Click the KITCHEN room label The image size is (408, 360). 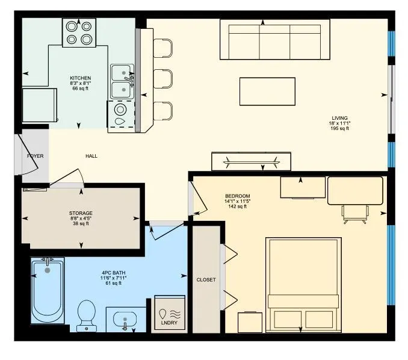click(x=80, y=78)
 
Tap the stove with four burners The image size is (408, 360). click(x=79, y=33)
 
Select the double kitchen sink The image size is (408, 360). click(x=122, y=81)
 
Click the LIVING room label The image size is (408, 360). click(x=339, y=118)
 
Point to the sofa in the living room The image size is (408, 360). click(x=274, y=40)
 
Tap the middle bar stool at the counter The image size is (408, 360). click(x=163, y=79)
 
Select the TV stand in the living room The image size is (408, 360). click(x=252, y=161)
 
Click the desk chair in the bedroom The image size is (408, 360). click(x=354, y=213)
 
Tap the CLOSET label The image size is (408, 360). click(x=206, y=280)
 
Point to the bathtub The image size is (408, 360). click(x=48, y=290)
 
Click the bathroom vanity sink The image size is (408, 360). click(x=126, y=319)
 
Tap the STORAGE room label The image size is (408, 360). click(x=81, y=213)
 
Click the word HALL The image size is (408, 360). click(x=91, y=156)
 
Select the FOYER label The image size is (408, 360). click(x=35, y=156)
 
